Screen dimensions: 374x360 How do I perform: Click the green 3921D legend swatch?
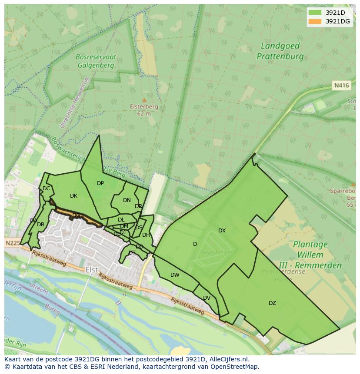[x=315, y=13]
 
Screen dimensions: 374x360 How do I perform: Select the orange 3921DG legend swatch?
[x=315, y=21]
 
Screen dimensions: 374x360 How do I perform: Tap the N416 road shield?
[x=341, y=86]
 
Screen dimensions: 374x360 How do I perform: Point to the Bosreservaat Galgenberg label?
[x=95, y=61]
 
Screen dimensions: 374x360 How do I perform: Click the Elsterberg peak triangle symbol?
[x=144, y=100]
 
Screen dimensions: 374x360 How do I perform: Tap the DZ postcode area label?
[x=272, y=303]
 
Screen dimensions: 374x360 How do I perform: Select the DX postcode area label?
[x=222, y=231]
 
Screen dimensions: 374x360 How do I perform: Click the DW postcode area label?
[x=175, y=275]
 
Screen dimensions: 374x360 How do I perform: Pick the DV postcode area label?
[x=207, y=298]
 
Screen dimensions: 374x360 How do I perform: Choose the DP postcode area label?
[x=100, y=183]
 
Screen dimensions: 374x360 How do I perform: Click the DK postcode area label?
[x=73, y=196]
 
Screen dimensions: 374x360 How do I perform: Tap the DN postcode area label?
[x=127, y=200]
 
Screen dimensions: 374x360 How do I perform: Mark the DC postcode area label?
[x=46, y=189]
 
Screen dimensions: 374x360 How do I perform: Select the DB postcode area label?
[x=40, y=225]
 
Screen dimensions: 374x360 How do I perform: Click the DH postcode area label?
[x=146, y=235]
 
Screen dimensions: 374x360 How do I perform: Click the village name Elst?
[x=92, y=269]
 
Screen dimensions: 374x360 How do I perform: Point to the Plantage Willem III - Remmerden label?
[x=310, y=255]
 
